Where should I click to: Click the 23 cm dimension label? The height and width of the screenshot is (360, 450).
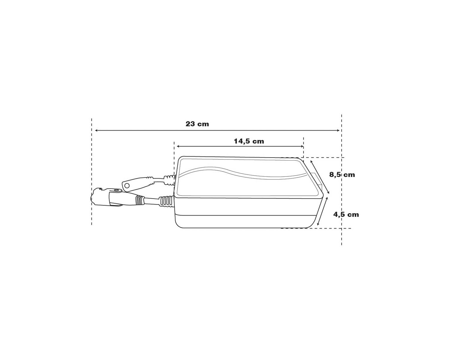pyautogui.click(x=197, y=124)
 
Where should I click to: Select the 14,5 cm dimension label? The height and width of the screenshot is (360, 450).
pyautogui.click(x=249, y=141)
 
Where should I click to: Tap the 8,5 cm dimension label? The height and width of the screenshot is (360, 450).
pyautogui.click(x=342, y=175)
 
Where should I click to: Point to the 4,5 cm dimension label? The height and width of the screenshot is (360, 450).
pyautogui.click(x=346, y=214)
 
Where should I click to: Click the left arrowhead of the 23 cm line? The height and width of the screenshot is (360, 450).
pyautogui.click(x=96, y=130)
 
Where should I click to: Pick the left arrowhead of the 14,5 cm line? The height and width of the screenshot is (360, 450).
pyautogui.click(x=178, y=146)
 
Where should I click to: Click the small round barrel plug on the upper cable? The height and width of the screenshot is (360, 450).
pyautogui.click(x=127, y=184)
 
